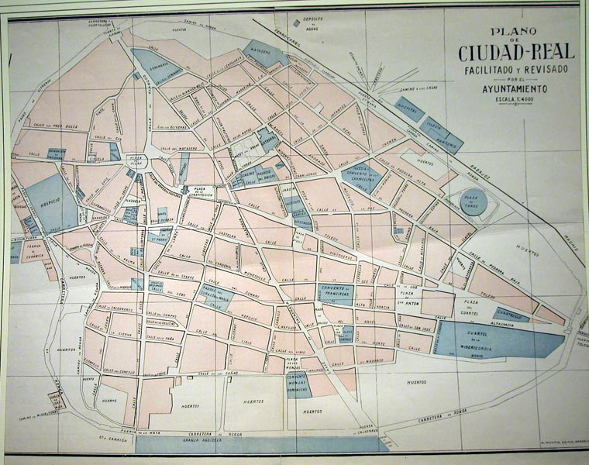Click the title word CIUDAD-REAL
515,53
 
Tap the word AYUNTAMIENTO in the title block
515,90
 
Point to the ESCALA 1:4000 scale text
515,101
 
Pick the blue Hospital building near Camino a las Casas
406,108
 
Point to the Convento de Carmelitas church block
361,175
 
